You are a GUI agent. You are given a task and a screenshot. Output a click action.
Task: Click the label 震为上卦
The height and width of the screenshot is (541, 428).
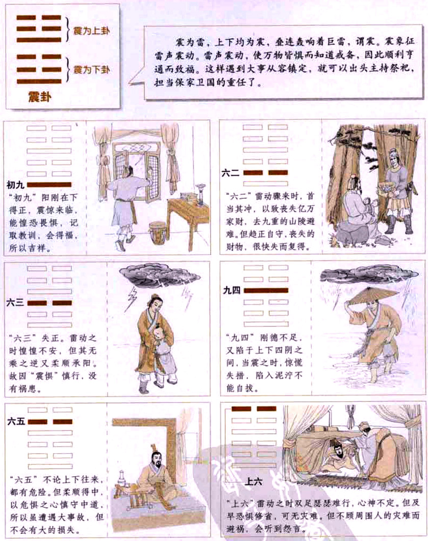92,30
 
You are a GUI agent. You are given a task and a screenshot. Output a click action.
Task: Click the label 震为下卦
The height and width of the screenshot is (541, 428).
92,68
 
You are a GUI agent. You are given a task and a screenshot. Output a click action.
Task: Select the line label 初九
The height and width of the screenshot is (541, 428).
16,184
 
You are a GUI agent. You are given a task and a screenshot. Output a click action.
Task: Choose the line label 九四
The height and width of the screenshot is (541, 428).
232,290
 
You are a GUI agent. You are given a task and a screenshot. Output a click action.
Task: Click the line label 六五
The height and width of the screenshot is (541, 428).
16,422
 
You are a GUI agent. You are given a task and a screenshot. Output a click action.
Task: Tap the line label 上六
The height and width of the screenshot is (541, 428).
255,481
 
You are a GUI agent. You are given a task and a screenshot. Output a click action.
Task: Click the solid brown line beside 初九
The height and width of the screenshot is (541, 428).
49,184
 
